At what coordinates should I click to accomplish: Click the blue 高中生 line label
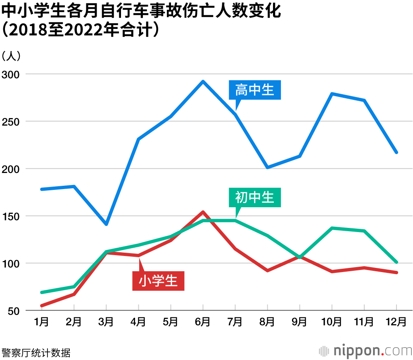[x=254, y=90]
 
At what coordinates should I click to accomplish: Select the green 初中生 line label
[x=254, y=197]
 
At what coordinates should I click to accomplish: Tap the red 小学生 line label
[x=158, y=281]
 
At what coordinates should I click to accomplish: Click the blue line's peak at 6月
[x=203, y=81]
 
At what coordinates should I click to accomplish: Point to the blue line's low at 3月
[x=106, y=224]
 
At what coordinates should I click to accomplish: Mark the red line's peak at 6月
[x=203, y=212]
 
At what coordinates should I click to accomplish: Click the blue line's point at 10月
[x=332, y=94]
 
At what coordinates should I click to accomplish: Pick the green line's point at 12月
[x=396, y=262]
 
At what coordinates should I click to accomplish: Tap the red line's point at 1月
[x=42, y=306]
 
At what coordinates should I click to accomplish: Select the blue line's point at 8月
[x=267, y=168]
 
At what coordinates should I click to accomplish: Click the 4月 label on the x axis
[x=138, y=322]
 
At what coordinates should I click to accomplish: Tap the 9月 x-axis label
[x=299, y=322]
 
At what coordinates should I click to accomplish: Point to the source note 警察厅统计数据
[x=36, y=353]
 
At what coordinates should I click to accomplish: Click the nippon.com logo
[x=365, y=351]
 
